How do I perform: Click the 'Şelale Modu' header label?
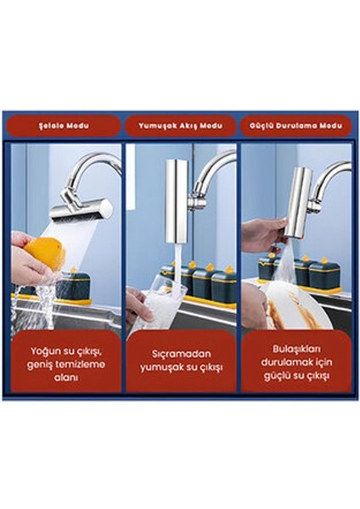(x=64, y=126)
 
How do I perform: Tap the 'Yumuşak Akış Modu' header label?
(x=181, y=126)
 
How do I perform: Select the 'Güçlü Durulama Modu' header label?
(x=296, y=126)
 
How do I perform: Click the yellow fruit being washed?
(x=46, y=253)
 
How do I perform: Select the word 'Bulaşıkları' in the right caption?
(x=296, y=349)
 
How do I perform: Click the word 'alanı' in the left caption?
(x=66, y=378)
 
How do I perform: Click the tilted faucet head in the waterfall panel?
(x=82, y=209)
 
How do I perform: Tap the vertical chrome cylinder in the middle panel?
(x=177, y=201)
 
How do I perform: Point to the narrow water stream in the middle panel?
(x=178, y=266)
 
